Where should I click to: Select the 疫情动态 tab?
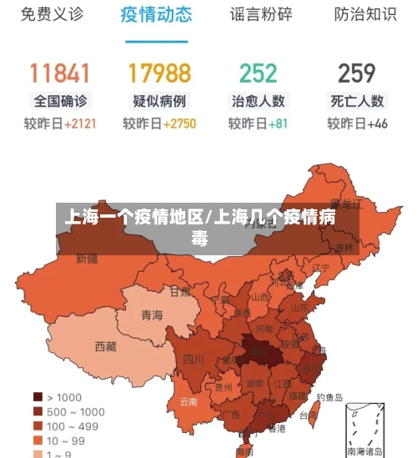click(156, 14)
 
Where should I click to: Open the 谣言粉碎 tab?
click(261, 14)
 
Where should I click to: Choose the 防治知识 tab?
click(365, 14)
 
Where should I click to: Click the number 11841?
click(59, 73)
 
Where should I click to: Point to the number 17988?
click(159, 73)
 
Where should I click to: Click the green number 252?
click(258, 73)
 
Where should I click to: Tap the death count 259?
click(357, 73)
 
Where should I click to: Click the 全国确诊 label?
click(59, 101)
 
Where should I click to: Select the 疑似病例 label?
click(159, 101)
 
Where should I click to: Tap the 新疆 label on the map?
click(88, 259)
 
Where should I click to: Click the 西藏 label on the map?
click(106, 345)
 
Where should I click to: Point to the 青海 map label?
click(152, 315)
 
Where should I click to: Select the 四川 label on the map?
click(193, 360)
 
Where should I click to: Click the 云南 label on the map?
click(188, 401)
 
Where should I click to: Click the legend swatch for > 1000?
click(38, 397)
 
